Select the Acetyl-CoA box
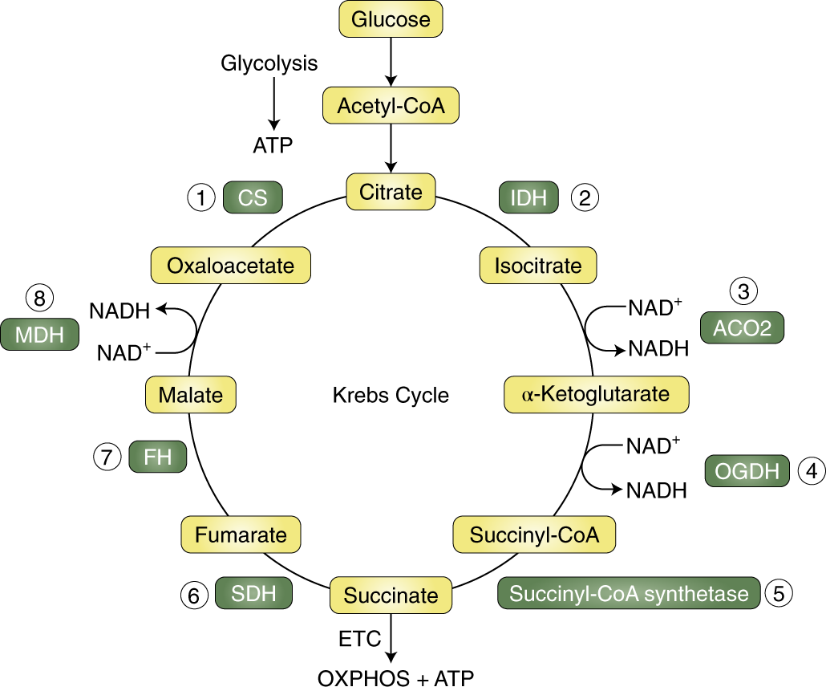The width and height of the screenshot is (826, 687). click(x=391, y=105)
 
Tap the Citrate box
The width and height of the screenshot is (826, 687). click(x=391, y=192)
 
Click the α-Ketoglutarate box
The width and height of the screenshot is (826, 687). click(x=597, y=394)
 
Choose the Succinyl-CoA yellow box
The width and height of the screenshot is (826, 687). click(x=535, y=535)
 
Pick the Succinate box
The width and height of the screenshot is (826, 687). click(x=391, y=595)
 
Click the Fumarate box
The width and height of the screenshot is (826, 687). click(x=241, y=535)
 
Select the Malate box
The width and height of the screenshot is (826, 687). click(x=191, y=394)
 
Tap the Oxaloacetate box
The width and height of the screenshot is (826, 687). click(x=231, y=265)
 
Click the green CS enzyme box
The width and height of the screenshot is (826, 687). click(x=253, y=197)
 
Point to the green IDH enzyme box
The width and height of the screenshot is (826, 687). click(x=528, y=197)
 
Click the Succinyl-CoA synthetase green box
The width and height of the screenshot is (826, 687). click(x=629, y=594)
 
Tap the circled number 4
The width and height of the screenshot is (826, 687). click(x=812, y=471)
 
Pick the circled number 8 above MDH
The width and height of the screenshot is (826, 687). click(x=39, y=298)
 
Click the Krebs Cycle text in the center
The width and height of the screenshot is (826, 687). click(x=391, y=395)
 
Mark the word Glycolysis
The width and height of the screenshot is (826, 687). click(x=269, y=63)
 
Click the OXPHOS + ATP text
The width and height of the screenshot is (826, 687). click(x=396, y=677)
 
